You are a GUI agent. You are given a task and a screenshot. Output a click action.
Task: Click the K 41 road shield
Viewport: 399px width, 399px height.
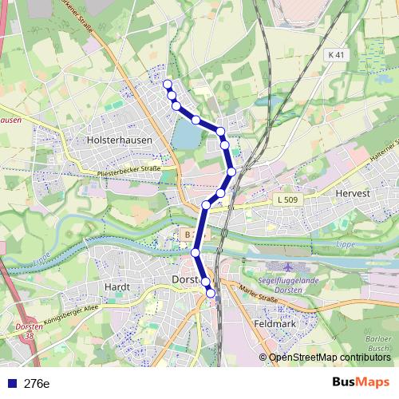click(338, 54)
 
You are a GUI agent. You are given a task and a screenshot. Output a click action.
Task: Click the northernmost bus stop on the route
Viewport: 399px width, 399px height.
click(167, 84)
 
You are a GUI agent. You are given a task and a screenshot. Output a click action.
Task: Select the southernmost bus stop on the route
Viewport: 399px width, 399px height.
click(211, 294)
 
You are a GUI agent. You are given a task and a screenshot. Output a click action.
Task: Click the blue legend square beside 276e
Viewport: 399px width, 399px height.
click(12, 383)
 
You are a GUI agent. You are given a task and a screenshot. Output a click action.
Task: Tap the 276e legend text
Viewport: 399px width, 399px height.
click(37, 383)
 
